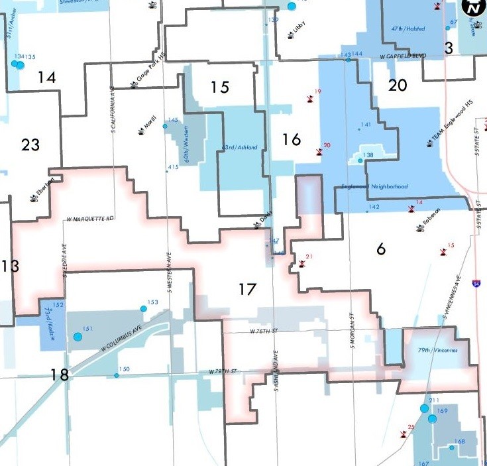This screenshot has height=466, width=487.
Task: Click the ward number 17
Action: [247, 289]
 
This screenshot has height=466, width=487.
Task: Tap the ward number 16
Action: [291, 139]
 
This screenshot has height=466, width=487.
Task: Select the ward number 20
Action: [398, 86]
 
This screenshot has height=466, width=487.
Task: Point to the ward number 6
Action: [380, 249]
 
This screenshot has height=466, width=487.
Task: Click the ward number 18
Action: [60, 375]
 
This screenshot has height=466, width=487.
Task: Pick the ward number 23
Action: [30, 144]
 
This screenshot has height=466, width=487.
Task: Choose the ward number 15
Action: [219, 87]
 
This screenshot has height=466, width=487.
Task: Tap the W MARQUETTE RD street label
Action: [91, 218]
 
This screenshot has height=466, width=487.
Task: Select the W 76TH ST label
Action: [262, 331]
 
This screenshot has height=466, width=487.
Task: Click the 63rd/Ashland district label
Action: [240, 147]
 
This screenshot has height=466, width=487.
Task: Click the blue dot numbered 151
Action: [78, 337]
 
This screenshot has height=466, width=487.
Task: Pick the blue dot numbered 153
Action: [143, 309]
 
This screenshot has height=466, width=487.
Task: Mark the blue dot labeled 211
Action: [424, 408]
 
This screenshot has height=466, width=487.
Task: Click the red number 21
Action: [309, 256]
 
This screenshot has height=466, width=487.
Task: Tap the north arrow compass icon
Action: [471, 8]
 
